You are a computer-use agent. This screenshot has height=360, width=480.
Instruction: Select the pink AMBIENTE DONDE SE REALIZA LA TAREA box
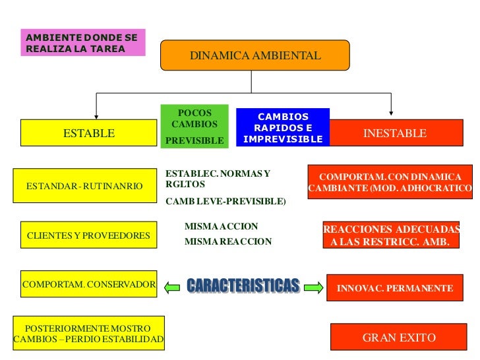[82, 42]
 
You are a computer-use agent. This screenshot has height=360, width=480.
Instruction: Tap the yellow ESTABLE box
[89, 133]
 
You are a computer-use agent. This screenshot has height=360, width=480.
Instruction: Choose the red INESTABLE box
[395, 133]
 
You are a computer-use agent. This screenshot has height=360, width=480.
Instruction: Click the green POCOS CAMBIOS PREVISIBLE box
[195, 125]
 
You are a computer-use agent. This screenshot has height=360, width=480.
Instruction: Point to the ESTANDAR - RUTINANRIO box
[84, 187]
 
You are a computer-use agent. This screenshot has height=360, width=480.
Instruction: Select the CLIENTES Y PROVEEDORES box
[88, 235]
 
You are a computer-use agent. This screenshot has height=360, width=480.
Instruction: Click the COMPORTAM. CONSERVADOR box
[89, 285]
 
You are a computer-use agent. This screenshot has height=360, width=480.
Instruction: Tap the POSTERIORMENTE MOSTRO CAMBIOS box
[88, 334]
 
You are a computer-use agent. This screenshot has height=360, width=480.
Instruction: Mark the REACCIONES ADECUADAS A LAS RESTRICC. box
[391, 235]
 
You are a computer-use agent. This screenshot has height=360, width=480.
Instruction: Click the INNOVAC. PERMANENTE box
[394, 288]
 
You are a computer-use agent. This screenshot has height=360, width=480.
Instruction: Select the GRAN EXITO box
[399, 338]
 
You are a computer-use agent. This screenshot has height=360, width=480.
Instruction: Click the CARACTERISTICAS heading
[243, 285]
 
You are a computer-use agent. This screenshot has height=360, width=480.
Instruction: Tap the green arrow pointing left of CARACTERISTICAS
[171, 287]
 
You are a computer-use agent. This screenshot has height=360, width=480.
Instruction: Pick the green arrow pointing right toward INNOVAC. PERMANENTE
[313, 287]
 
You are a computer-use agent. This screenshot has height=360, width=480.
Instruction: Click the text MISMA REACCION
[228, 241]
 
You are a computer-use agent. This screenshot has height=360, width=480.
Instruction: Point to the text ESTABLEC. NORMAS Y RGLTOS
[218, 179]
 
